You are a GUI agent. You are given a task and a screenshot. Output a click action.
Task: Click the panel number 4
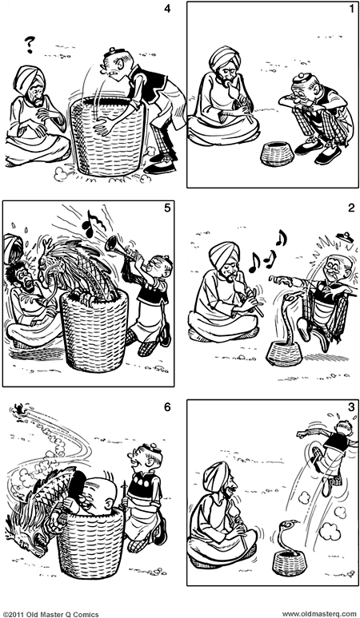(x=166, y=10)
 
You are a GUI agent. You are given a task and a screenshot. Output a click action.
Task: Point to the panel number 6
(x=166, y=407)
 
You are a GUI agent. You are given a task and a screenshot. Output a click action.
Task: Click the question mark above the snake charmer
(x=33, y=42)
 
